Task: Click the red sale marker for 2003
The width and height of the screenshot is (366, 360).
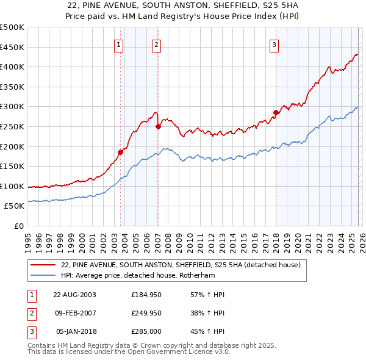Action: (x=120, y=152)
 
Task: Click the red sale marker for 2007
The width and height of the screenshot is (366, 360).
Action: (x=158, y=126)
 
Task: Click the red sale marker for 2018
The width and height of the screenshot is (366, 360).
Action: (x=276, y=112)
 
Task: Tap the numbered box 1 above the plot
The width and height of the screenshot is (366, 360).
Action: (x=118, y=44)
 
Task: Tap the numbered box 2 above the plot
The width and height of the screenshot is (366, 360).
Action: (x=157, y=44)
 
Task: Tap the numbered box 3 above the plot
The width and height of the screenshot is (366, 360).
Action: (x=274, y=44)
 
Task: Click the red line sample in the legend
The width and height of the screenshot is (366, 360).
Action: (x=43, y=265)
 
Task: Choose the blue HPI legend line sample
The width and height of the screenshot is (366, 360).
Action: (x=43, y=275)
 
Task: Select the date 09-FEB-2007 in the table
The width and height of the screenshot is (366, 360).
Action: (x=74, y=314)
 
